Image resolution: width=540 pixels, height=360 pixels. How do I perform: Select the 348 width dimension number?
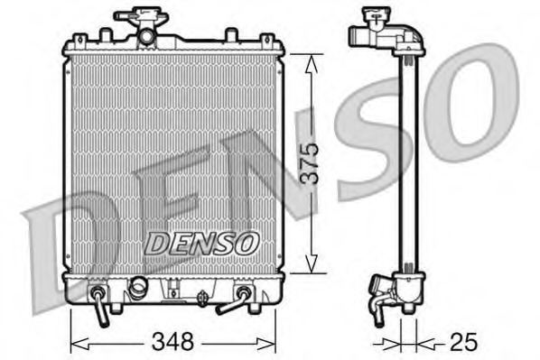[x=174, y=342]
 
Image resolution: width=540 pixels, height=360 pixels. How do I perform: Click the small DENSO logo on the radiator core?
[x=202, y=243]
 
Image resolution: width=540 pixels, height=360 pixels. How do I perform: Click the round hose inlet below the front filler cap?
[x=144, y=36]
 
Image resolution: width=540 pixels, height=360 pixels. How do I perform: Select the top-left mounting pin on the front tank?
[x=79, y=40]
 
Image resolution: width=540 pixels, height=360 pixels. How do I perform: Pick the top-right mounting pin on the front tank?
[x=267, y=40]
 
